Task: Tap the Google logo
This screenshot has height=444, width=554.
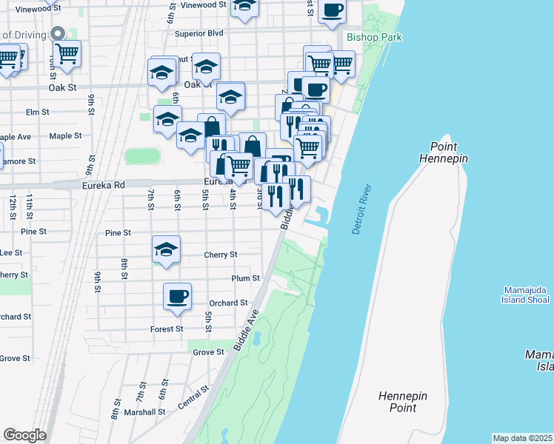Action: [x=24, y=434]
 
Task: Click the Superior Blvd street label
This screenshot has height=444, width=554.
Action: [x=198, y=33]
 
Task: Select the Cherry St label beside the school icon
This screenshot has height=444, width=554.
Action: [x=220, y=255]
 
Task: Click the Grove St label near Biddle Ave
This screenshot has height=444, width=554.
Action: [x=208, y=352]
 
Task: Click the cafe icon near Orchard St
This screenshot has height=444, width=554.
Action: [x=177, y=296]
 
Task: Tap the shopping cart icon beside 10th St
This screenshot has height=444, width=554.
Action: [x=67, y=53]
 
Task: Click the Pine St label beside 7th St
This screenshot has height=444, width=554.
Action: [x=118, y=232]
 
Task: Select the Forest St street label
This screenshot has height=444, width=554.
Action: [x=166, y=329]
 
